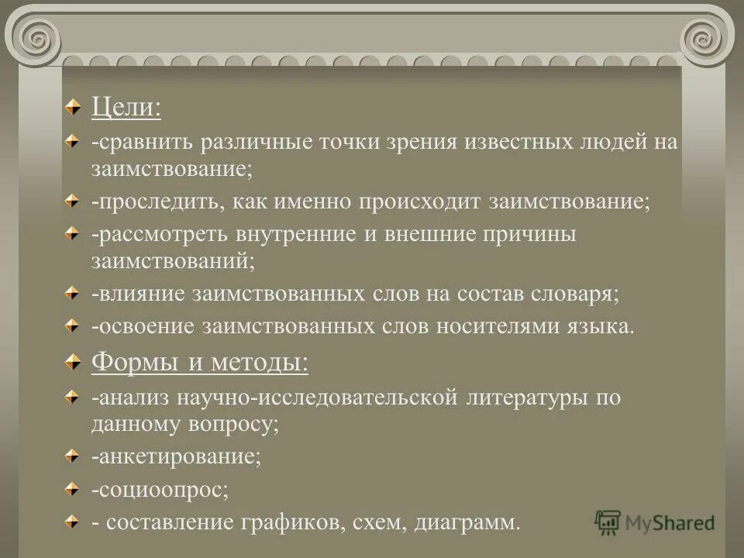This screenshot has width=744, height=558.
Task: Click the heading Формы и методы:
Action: (199, 362)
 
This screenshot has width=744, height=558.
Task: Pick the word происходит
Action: (419, 202)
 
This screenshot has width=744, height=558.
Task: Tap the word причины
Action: (529, 235)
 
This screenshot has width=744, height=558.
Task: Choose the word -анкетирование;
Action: (176, 456)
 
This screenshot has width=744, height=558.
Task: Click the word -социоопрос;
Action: (160, 490)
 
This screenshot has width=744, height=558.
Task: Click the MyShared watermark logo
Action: (655, 522)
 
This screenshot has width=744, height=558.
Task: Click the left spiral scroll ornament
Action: (35, 36)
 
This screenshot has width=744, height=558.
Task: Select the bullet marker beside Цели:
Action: (71, 107)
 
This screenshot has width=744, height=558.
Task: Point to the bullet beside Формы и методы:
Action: (71, 361)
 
